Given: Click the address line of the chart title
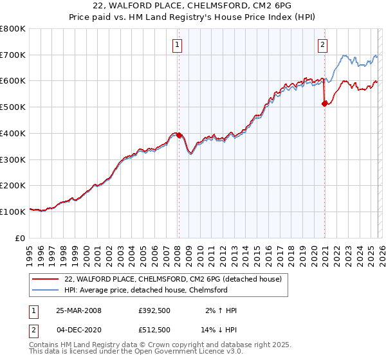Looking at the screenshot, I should (193, 6).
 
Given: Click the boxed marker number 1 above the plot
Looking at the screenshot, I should (177, 44).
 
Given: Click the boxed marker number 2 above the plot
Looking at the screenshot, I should (322, 44).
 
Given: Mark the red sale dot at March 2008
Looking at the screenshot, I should (179, 136).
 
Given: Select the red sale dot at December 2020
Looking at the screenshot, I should (324, 104).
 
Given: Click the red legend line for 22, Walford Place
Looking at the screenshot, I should (45, 279).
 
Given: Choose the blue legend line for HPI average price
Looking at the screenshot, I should (45, 290).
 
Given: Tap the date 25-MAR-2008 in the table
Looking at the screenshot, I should (78, 310).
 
